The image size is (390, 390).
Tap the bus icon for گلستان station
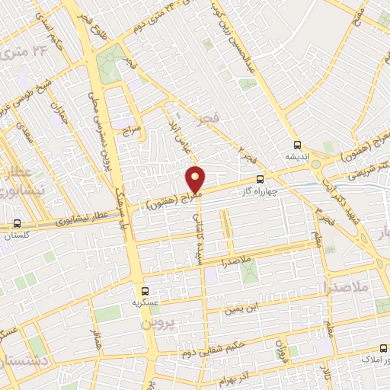pyautogui.click(x=17, y=225)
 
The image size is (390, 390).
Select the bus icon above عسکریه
pyautogui.click(x=145, y=290)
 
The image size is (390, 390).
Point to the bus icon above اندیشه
pyautogui.click(x=296, y=144)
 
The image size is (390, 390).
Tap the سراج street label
pyautogui.click(x=133, y=132)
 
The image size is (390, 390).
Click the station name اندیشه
pyautogui.click(x=296, y=155)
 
